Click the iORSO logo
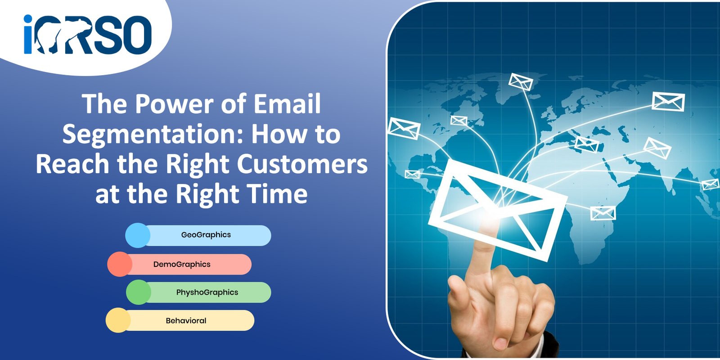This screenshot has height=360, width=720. point(88,34)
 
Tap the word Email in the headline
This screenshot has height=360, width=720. point(288,103)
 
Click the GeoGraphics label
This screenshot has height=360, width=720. point(206,235)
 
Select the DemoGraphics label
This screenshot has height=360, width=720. point(182,265)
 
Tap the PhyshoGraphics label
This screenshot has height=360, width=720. point(207,292)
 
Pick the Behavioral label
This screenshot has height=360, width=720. point(186,320)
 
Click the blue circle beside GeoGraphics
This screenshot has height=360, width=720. point(138,235)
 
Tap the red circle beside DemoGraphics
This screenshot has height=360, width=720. point(120,264)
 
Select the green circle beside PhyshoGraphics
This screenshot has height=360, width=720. point(139,292)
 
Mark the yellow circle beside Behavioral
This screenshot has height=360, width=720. point(118,320)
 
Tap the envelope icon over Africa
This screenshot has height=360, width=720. point(603,213)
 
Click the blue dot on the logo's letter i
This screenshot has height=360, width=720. point(28,18)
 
